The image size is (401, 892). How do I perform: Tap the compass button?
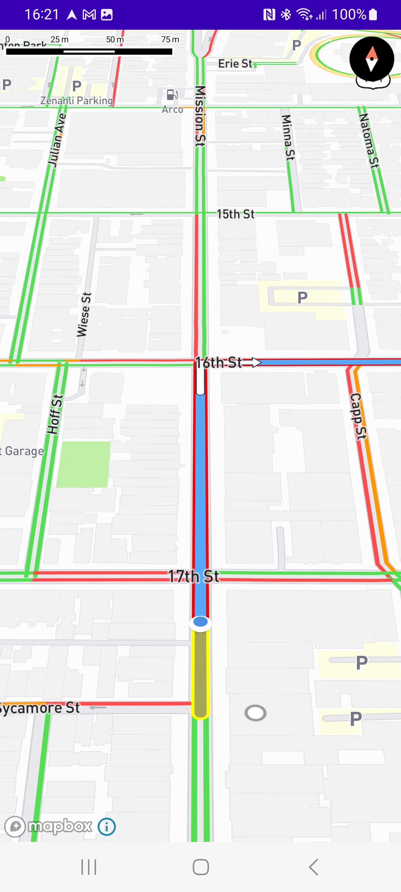click(372, 59)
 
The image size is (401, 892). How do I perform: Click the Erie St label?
click(235, 64)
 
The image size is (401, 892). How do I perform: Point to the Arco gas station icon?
click(172, 95)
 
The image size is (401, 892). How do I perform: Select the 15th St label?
click(235, 214)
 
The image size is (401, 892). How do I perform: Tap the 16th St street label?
click(219, 362)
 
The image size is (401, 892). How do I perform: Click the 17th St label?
click(193, 576)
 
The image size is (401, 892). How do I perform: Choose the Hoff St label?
click(55, 414)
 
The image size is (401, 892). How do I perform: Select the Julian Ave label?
click(57, 140)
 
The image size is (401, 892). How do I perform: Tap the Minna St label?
click(288, 138)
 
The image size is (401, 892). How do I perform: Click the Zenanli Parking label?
click(76, 101)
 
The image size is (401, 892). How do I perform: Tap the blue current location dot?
click(200, 622)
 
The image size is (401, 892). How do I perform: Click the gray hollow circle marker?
click(255, 713)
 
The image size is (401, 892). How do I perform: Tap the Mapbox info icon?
click(107, 827)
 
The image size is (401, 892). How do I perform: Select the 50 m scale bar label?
click(115, 39)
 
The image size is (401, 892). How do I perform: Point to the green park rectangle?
click(84, 464)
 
